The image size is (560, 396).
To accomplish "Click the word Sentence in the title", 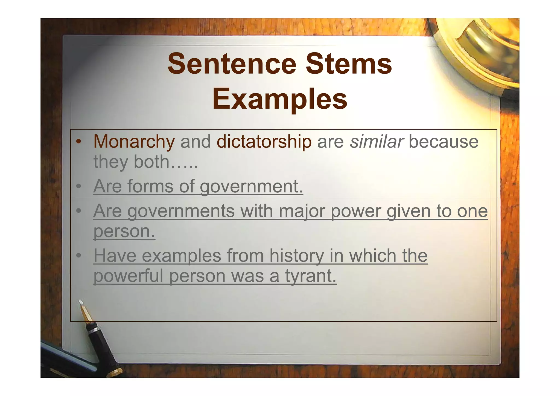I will (x=232, y=64).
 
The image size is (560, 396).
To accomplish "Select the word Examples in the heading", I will (x=280, y=99).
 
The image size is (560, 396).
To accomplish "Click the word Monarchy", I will (x=134, y=142).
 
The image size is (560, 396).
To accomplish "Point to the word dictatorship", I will (x=264, y=142).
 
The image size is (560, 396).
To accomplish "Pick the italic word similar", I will (x=377, y=142).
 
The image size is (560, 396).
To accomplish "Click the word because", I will (x=443, y=142).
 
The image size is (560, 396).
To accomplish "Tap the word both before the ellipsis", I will (x=151, y=162).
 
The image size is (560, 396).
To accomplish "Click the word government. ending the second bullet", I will (x=251, y=187).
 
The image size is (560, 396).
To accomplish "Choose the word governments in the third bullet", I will (x=181, y=211).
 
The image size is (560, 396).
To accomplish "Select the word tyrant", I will (x=311, y=276).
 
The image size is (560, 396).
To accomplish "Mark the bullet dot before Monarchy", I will (x=79, y=142).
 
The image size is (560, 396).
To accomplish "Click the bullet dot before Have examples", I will (x=79, y=256).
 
